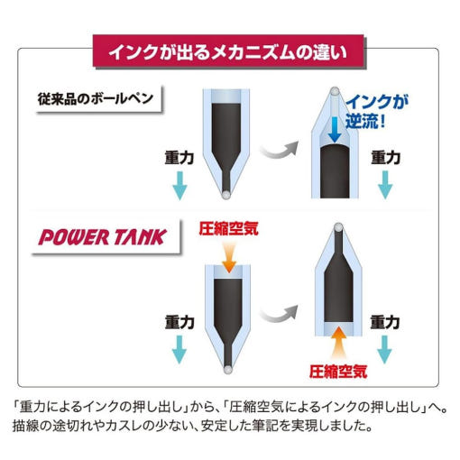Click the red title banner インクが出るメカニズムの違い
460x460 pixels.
228,51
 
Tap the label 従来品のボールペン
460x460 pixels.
96,98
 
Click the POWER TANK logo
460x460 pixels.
103,237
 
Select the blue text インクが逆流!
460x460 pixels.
377,111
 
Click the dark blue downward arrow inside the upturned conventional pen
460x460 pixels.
335,130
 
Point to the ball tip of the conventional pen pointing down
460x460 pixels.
225,195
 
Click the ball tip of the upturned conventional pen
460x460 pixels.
335,91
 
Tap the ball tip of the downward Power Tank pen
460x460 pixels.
227,370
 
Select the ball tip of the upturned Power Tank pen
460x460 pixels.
338,227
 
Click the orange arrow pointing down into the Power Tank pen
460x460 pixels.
229,257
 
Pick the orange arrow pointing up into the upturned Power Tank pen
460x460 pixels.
338,342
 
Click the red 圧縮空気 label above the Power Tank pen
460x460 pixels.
229,228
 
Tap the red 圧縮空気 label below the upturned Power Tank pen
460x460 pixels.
338,371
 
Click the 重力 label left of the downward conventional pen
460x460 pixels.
179,158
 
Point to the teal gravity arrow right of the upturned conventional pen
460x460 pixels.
385,185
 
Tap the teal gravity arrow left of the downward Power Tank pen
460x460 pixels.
179,350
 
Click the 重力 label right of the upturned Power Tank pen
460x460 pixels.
385,322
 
